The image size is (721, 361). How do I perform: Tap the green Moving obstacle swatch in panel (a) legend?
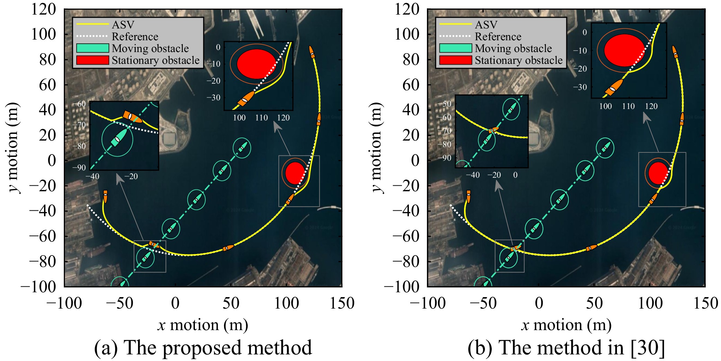[x=93, y=48]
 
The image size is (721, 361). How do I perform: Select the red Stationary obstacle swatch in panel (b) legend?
[x=456, y=60]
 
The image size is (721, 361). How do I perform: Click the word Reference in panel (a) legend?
[x=135, y=36]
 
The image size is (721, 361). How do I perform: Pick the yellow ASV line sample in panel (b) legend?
[x=456, y=25]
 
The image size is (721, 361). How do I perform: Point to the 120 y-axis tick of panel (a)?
[x=43, y=9]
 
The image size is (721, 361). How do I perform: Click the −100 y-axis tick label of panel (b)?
[x=402, y=287]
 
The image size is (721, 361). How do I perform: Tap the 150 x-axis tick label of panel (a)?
[x=342, y=303]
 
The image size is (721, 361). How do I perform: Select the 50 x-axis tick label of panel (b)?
[x=594, y=303]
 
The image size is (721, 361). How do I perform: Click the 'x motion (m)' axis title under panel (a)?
[x=203, y=325]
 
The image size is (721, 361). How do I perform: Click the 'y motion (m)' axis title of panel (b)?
[x=376, y=148]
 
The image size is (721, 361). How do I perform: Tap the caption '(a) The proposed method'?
[x=203, y=348]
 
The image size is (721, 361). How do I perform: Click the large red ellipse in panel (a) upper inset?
[x=256, y=64]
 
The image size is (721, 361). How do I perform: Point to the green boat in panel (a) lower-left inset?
[x=118, y=138]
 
